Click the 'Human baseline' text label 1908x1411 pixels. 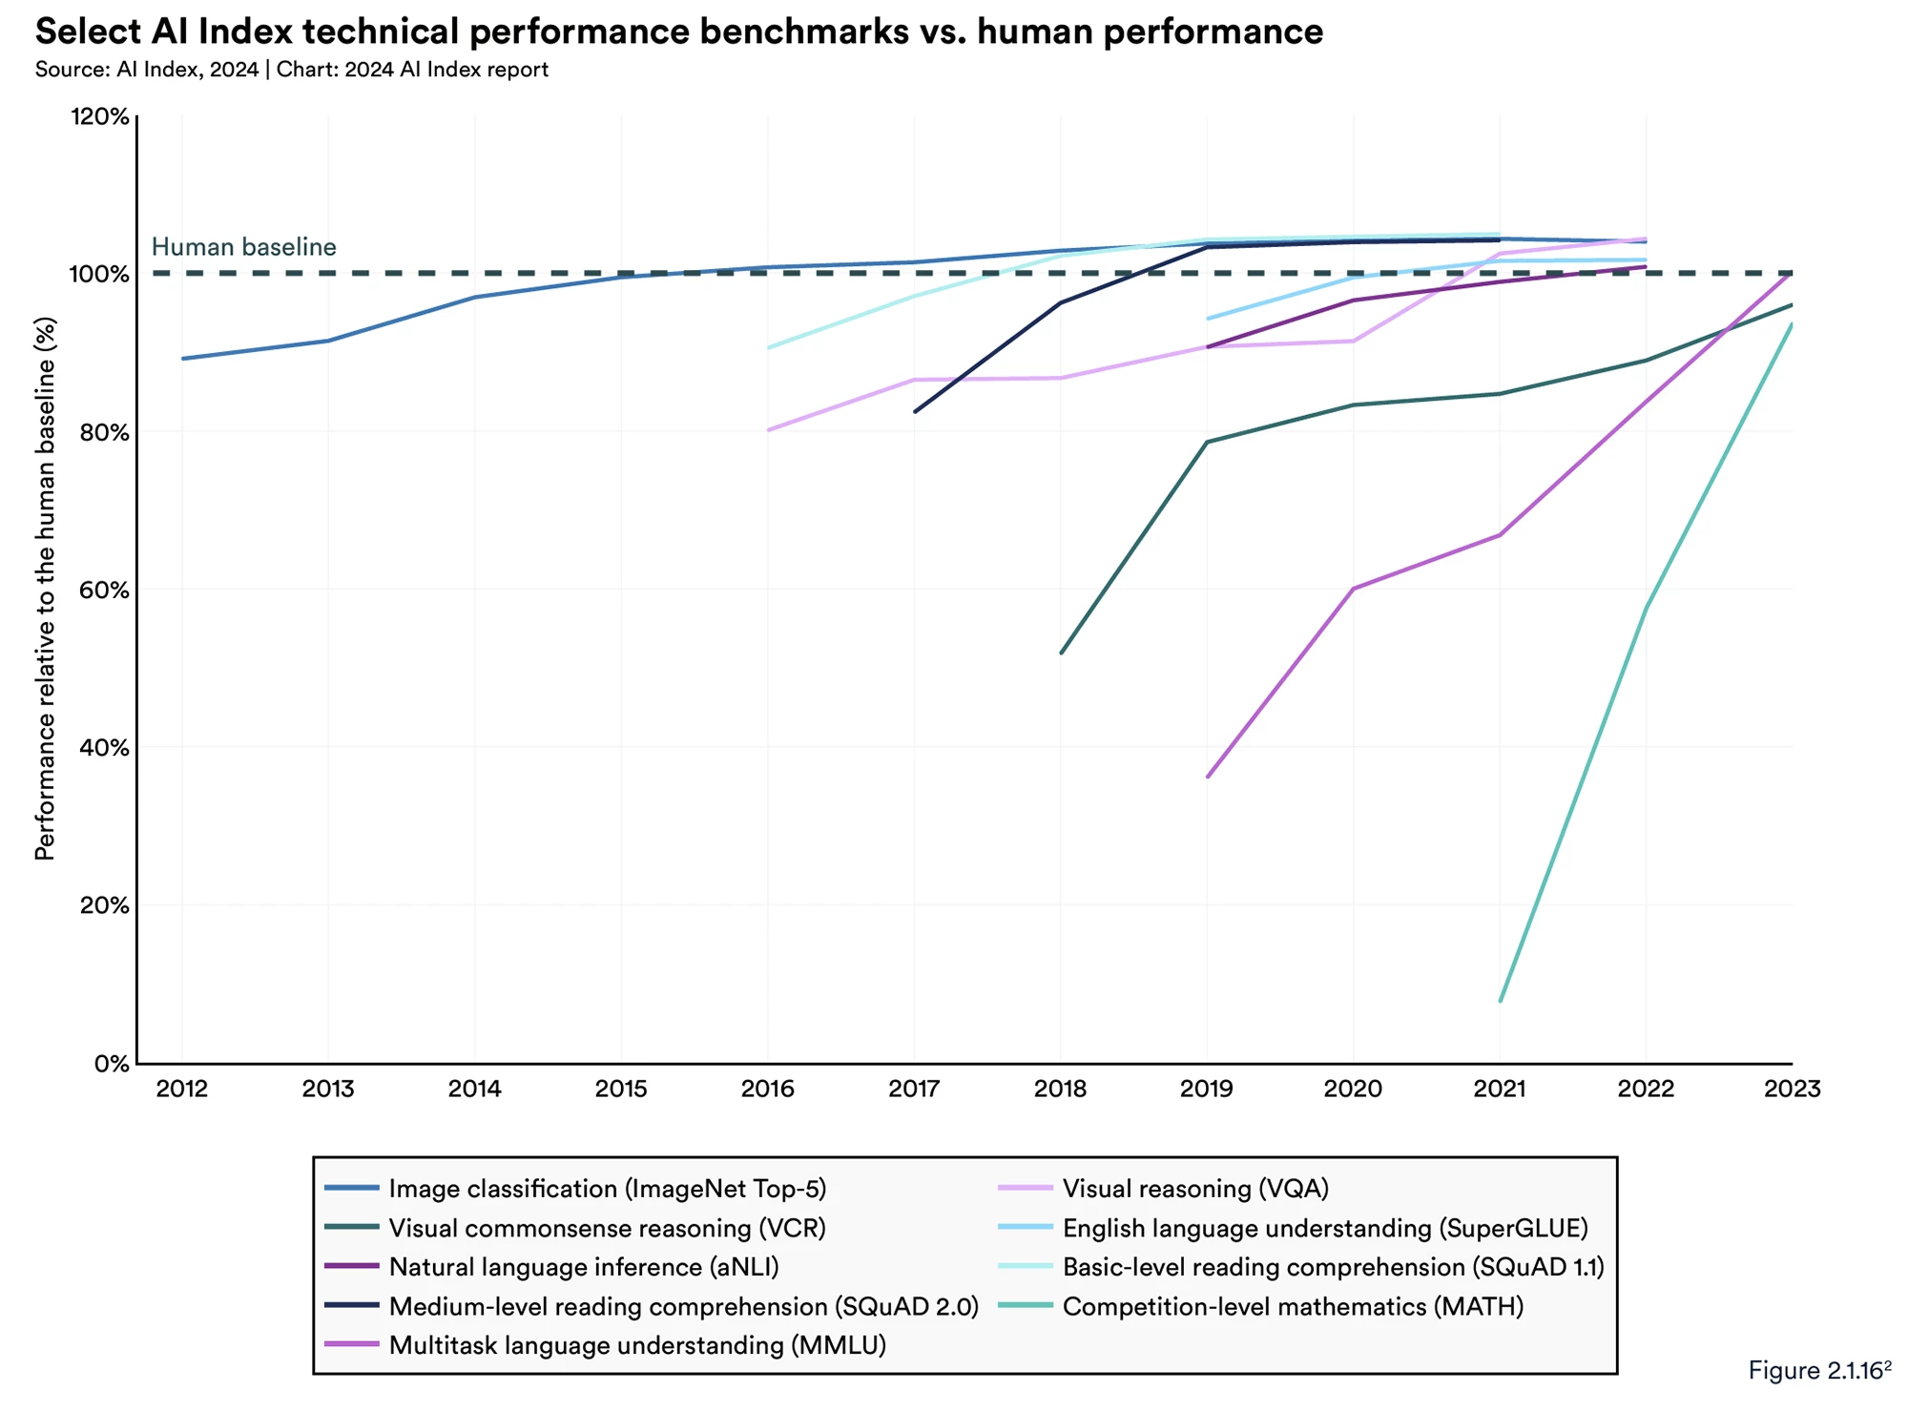pos(243,247)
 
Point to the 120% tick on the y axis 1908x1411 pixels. pos(99,116)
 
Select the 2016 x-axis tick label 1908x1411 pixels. pos(768,1089)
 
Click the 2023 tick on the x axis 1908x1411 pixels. pos(1792,1089)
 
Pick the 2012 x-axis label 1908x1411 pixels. pos(182,1089)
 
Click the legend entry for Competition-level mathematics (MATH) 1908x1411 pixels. pos(1293,1306)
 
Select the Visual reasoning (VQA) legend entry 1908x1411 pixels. pos(1195,1189)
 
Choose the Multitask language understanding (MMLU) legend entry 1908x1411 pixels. pos(637,1345)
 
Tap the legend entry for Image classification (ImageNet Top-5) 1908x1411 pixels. pos(607,1189)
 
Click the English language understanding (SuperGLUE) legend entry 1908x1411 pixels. pos(1325,1228)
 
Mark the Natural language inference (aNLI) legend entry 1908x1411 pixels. pos(584,1267)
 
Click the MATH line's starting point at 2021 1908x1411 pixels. pos(1501,1001)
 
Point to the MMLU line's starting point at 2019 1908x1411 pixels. pos(1208,777)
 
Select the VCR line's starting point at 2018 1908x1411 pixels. pos(1061,653)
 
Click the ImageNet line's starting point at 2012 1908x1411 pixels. pos(182,359)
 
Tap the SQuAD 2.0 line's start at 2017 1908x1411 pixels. pos(915,412)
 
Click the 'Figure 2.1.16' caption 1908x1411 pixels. pos(1818,1370)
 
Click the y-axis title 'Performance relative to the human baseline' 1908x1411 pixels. pos(45,589)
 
